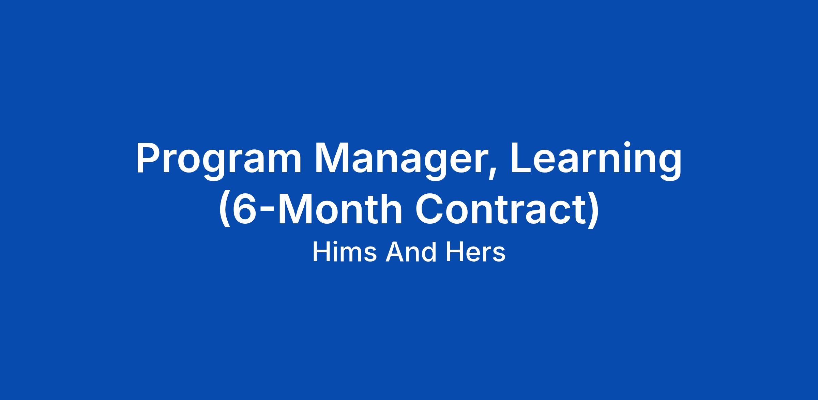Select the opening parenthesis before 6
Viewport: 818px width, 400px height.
click(x=224, y=210)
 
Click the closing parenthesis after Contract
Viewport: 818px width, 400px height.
click(x=593, y=210)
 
